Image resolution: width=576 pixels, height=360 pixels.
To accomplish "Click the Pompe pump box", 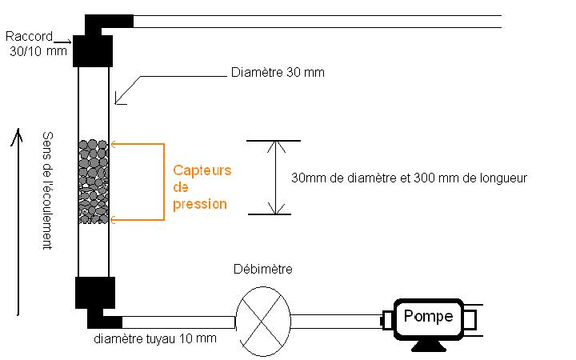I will click(x=428, y=317).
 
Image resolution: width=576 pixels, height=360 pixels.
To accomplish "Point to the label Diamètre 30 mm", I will click(x=277, y=73).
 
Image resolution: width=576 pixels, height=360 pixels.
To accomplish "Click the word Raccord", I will click(x=29, y=36).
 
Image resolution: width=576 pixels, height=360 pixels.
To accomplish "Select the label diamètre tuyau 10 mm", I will click(x=154, y=338).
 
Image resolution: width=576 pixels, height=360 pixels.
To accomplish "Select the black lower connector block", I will click(x=95, y=293).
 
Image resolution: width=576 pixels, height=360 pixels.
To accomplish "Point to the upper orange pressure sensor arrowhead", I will click(x=114, y=144).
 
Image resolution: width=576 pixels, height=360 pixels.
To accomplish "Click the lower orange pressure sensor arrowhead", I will click(x=114, y=218).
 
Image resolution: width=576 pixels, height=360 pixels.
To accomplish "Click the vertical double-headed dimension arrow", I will click(x=275, y=178).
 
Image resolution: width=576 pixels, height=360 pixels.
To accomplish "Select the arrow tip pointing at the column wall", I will click(x=118, y=102).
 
